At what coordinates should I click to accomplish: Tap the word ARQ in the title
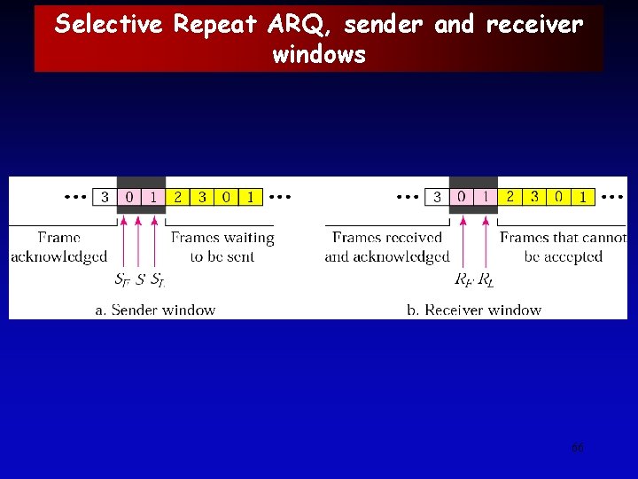(x=300, y=24)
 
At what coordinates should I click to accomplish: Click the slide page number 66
(x=578, y=448)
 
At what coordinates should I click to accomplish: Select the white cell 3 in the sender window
(x=105, y=197)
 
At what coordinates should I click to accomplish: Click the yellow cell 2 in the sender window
(x=177, y=197)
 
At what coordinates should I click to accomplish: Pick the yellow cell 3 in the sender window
(x=201, y=197)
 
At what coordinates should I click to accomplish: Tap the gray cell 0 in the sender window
(x=129, y=197)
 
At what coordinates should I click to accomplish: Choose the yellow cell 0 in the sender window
(x=226, y=197)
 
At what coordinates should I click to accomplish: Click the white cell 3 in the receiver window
(x=437, y=197)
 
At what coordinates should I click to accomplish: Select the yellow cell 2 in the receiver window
(x=510, y=197)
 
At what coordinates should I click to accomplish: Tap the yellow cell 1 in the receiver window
(x=582, y=197)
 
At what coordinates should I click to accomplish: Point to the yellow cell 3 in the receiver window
(x=533, y=197)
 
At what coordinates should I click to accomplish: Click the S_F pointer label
(x=121, y=280)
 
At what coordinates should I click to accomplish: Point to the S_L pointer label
(x=157, y=280)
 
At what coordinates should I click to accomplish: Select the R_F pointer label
(x=463, y=280)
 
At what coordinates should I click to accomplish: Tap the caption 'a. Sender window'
(x=155, y=310)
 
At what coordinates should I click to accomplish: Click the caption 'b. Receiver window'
(x=474, y=310)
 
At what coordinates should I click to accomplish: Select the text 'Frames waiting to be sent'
(x=222, y=247)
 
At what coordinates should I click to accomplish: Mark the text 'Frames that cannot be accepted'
(x=563, y=247)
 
